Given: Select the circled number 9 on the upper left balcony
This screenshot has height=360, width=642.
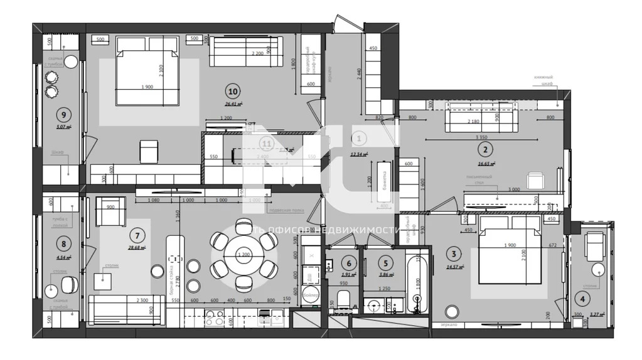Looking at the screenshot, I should [x=62, y=114].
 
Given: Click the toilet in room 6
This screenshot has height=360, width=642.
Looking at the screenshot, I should [x=343, y=302].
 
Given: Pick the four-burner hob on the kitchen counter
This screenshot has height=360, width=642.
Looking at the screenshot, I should [x=215, y=317].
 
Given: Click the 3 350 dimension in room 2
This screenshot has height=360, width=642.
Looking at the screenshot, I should [x=482, y=137].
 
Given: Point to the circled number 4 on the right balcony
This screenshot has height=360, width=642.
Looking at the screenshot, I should [x=584, y=299].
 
